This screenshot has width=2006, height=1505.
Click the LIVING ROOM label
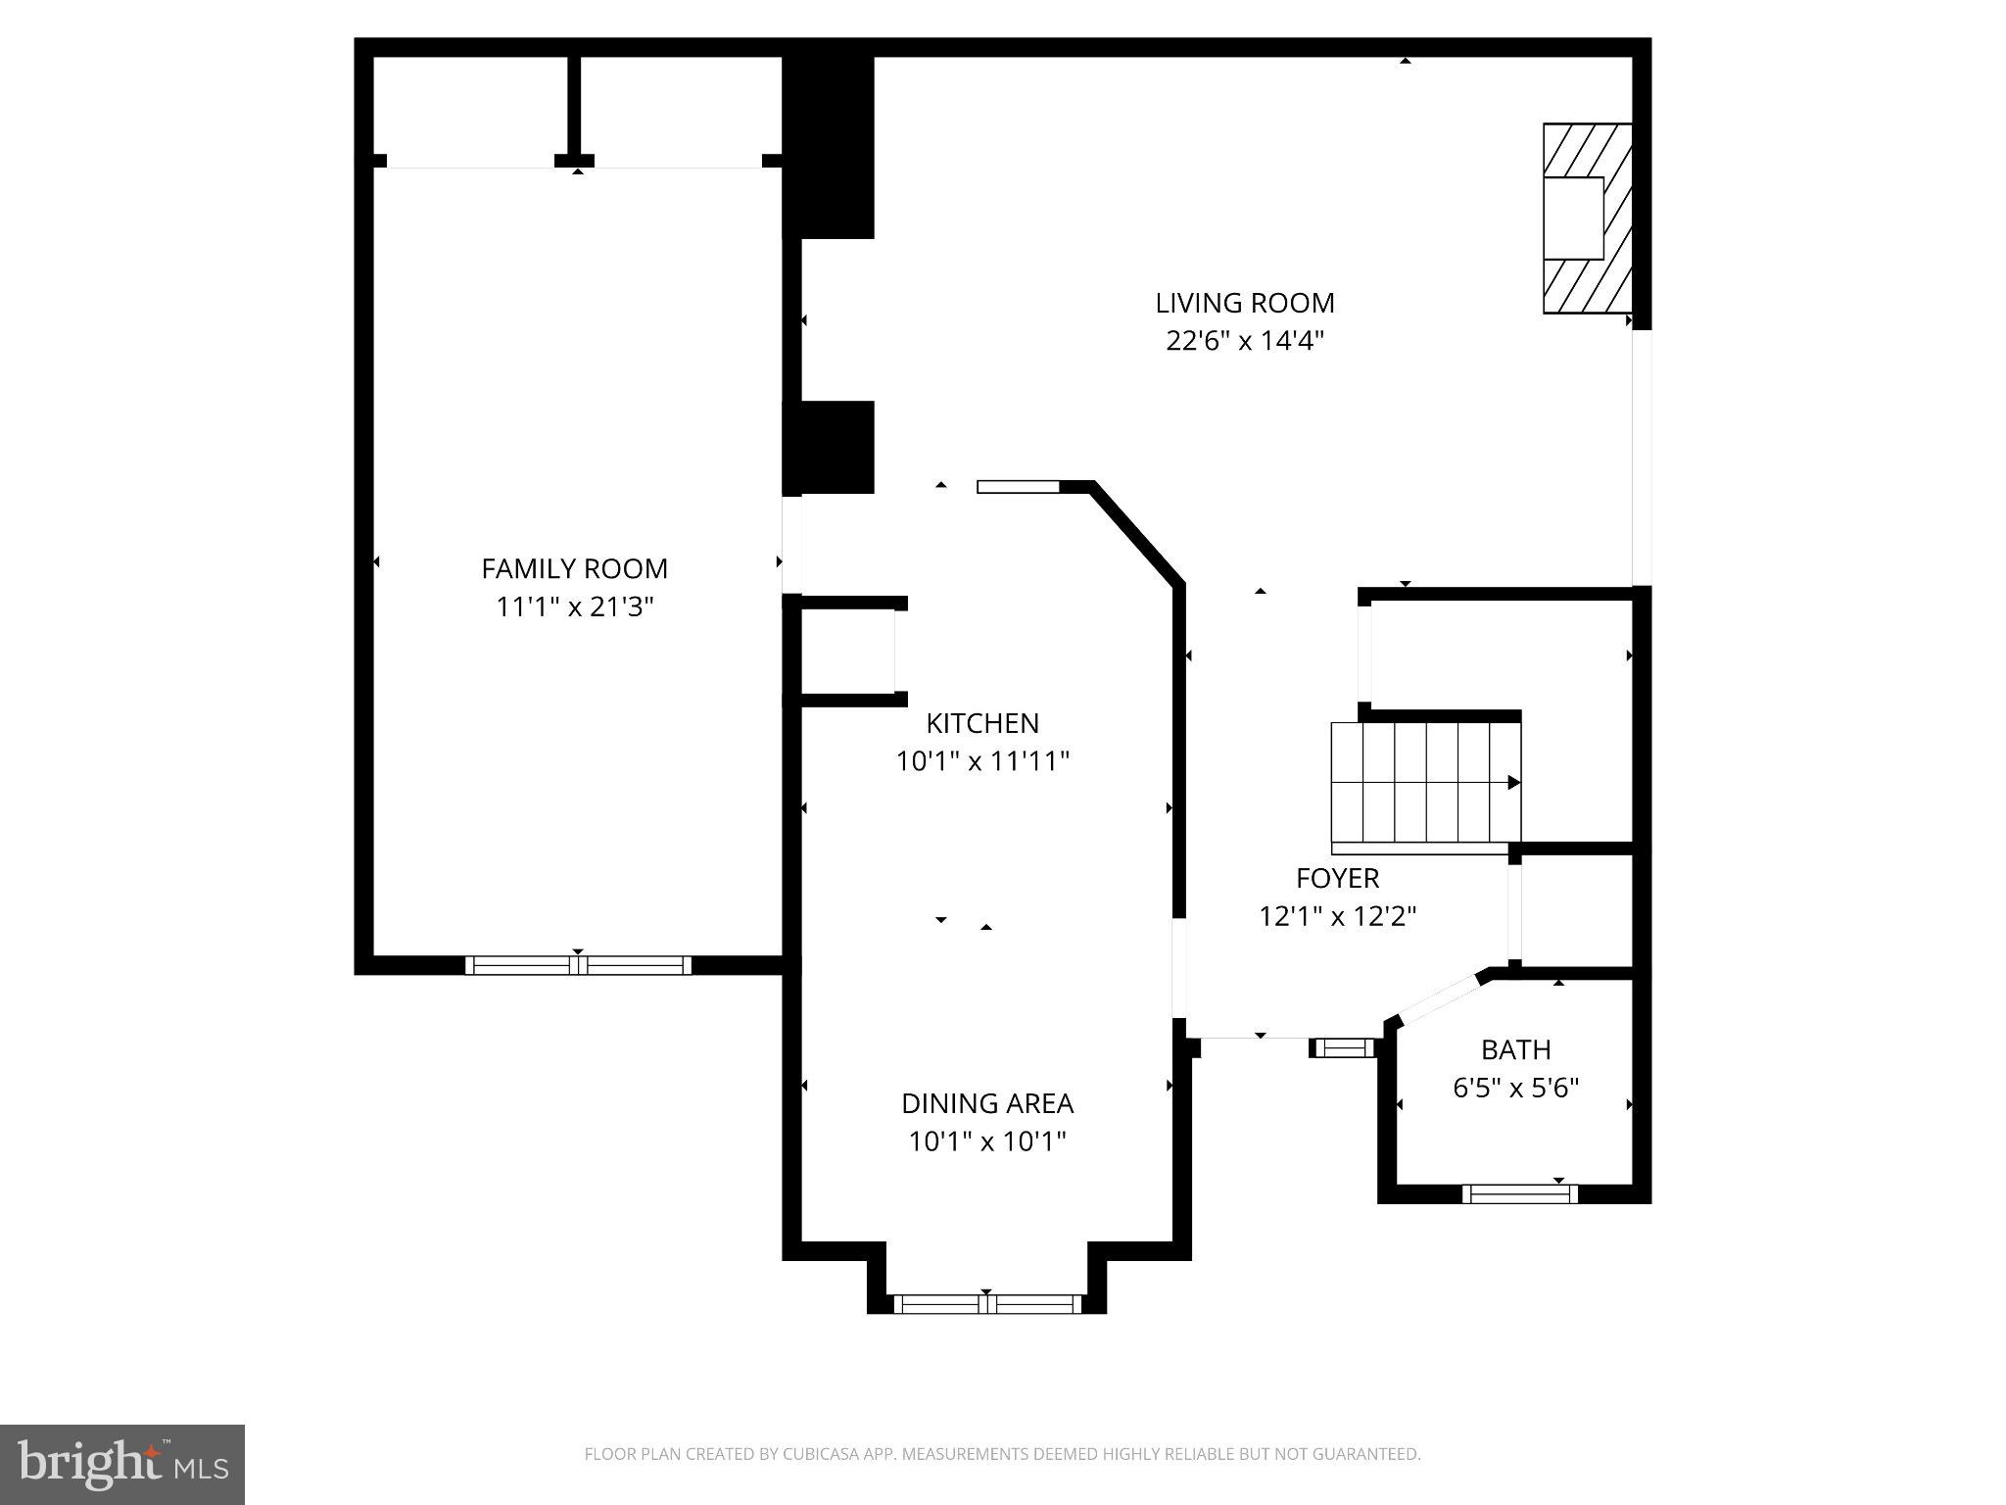[1244, 303]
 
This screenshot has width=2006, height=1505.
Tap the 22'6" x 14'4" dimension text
[1244, 341]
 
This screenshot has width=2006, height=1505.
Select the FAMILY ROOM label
[574, 568]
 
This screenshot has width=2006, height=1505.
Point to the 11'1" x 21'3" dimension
[574, 607]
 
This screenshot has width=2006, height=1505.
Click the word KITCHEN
[981, 723]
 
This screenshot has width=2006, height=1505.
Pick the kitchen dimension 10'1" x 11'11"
[981, 761]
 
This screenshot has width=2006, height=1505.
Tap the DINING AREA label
[986, 1103]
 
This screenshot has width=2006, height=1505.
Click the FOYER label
[1337, 878]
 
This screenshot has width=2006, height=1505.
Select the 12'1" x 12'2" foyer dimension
[1337, 916]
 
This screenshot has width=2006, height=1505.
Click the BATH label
[1515, 1050]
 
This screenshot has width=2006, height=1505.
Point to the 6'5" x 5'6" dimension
[1515, 1088]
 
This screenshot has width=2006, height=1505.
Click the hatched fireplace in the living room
[1587, 218]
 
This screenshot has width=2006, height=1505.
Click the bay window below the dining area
[986, 1304]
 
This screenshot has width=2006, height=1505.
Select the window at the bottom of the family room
[578, 965]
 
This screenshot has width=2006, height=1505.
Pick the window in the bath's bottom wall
[1519, 1193]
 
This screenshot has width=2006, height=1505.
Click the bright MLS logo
[121, 1464]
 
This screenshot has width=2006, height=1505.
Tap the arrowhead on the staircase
[1513, 782]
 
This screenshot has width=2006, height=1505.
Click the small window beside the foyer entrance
[1343, 1048]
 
